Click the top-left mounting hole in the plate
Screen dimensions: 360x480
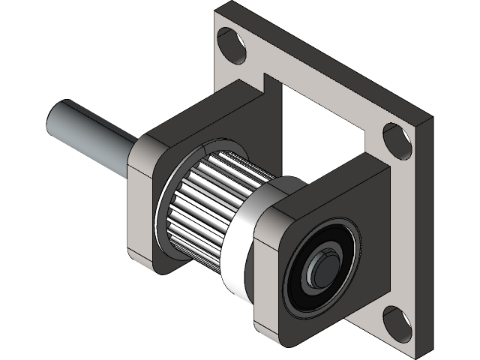point(232,44)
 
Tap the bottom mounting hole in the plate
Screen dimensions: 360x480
point(397,322)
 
